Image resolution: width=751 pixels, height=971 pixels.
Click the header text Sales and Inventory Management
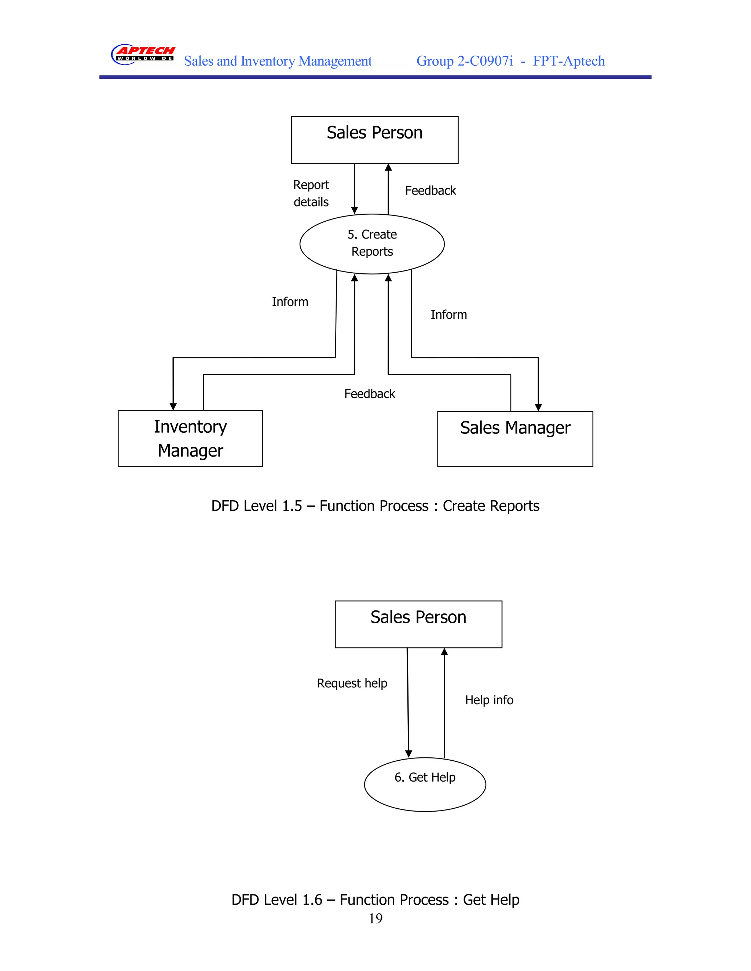pyautogui.click(x=278, y=61)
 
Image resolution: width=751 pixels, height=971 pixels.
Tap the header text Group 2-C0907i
pyautogui.click(x=465, y=61)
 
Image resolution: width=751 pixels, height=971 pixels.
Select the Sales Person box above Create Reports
pyautogui.click(x=375, y=140)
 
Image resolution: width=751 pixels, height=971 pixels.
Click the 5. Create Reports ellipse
pyautogui.click(x=372, y=244)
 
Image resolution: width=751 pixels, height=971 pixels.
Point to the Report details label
pyautogui.click(x=311, y=193)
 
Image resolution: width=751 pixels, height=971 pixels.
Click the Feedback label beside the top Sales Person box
pyautogui.click(x=430, y=191)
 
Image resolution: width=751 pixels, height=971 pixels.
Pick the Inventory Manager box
pyautogui.click(x=190, y=438)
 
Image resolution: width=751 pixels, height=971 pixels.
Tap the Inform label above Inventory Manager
pyautogui.click(x=290, y=302)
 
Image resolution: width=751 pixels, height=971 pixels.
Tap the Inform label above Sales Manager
pyautogui.click(x=448, y=315)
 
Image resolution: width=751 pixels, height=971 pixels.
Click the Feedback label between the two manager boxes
pyautogui.click(x=370, y=394)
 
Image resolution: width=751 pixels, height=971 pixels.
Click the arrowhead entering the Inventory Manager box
pyautogui.click(x=173, y=406)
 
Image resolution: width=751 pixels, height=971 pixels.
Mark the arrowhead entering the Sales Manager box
pyautogui.click(x=538, y=407)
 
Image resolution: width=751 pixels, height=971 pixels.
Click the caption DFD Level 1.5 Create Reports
pyautogui.click(x=375, y=506)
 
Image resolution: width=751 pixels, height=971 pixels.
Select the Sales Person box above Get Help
pyautogui.click(x=418, y=624)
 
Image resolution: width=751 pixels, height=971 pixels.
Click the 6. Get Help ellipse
pyautogui.click(x=425, y=784)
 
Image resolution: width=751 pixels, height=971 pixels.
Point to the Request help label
pyautogui.click(x=352, y=683)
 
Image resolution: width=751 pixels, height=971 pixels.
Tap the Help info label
pyautogui.click(x=489, y=700)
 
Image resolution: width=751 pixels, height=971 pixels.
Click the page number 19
pyautogui.click(x=375, y=919)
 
